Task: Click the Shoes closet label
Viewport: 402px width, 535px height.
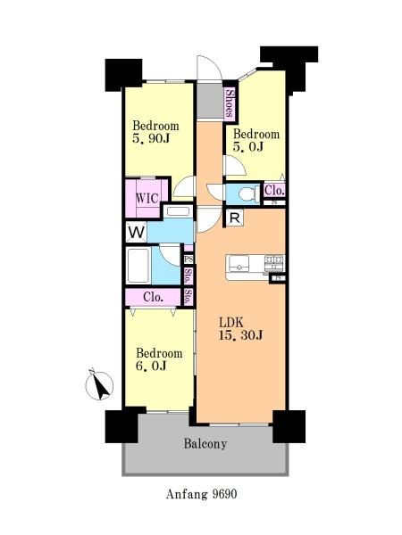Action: tap(230, 103)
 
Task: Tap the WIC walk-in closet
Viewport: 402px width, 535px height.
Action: tap(147, 198)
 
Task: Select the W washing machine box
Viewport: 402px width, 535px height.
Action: tap(137, 233)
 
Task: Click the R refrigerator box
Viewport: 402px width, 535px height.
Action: tap(234, 218)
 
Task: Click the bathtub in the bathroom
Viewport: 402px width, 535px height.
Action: tap(138, 266)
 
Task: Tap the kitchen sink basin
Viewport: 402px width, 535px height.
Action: tap(239, 264)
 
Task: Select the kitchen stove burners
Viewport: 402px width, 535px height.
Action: tap(275, 261)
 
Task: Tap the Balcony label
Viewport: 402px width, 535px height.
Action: tap(205, 444)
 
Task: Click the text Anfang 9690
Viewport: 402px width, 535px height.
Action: tap(201, 494)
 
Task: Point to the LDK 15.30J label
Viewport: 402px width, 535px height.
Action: tap(240, 328)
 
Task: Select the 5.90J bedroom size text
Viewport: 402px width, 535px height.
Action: tap(152, 138)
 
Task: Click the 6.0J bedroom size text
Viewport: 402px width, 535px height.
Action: tap(151, 366)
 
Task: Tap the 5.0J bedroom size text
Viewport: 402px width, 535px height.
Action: tap(248, 146)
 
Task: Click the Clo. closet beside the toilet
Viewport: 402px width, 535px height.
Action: tap(274, 190)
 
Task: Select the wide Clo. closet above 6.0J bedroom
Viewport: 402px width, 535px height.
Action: tap(153, 297)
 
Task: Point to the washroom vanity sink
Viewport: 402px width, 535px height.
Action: tap(178, 211)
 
